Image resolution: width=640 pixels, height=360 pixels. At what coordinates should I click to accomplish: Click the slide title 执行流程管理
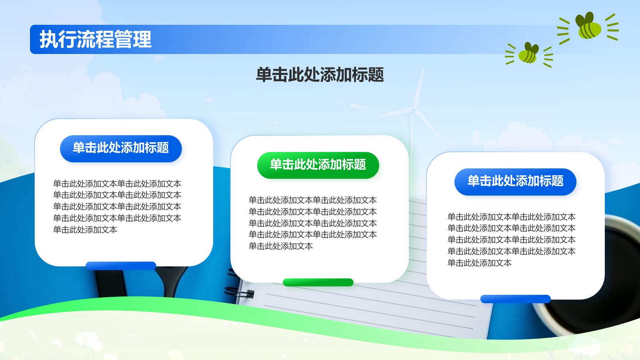pyautogui.click(x=96, y=40)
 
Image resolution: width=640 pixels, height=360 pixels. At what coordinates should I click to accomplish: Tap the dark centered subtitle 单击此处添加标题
pyautogui.click(x=320, y=75)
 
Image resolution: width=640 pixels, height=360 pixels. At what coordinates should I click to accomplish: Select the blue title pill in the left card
pyautogui.click(x=121, y=148)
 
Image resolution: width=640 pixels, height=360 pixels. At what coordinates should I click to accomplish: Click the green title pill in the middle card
pyautogui.click(x=318, y=165)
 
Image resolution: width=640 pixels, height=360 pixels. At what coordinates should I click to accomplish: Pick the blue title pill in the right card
pyautogui.click(x=515, y=182)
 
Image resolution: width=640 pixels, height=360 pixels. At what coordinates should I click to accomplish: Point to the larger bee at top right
pyautogui.click(x=588, y=26)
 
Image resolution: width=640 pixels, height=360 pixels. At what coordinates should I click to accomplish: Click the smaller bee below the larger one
pyautogui.click(x=528, y=53)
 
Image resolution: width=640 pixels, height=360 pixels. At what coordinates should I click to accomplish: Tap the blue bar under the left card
pyautogui.click(x=121, y=266)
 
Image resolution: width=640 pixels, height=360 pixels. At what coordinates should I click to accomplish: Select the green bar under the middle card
pyautogui.click(x=318, y=282)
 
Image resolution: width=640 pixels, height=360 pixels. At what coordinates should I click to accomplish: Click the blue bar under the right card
pyautogui.click(x=516, y=299)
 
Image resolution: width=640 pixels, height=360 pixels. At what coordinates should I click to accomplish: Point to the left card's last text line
pyautogui.click(x=85, y=230)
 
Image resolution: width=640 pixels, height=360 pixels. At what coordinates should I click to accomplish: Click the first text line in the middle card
pyautogui.click(x=312, y=200)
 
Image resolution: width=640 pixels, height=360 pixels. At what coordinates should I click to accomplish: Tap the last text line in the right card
pyautogui.click(x=480, y=263)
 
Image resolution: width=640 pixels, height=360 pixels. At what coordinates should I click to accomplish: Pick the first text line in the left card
pyautogui.click(x=117, y=184)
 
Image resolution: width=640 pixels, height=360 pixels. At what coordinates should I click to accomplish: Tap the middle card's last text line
pyautogui.click(x=281, y=246)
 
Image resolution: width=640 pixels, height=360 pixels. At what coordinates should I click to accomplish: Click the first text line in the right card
pyautogui.click(x=512, y=217)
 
